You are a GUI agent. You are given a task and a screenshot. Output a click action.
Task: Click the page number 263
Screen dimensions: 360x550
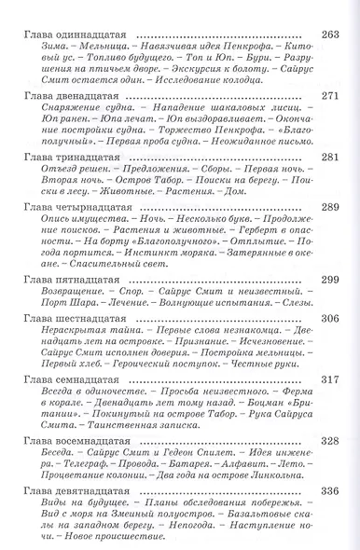point(331,36)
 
